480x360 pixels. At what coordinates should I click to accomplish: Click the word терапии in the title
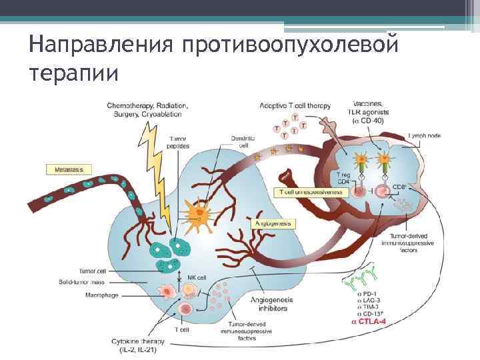coord(73,72)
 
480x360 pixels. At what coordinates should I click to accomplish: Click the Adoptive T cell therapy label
coord(294,106)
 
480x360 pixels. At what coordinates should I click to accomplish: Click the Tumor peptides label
coord(177,142)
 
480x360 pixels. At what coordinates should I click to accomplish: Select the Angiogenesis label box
coord(273,224)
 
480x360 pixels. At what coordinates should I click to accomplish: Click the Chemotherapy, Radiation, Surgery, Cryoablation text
coord(147,109)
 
